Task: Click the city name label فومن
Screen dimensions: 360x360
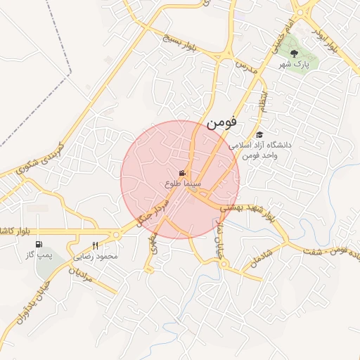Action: click(x=222, y=122)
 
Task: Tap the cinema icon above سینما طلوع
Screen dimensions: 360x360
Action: click(x=183, y=174)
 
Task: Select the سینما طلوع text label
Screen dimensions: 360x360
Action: click(x=184, y=184)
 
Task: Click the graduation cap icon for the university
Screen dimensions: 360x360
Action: click(x=259, y=135)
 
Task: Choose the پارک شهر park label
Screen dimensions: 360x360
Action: click(x=293, y=65)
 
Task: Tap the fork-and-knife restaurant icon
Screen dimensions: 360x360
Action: click(x=95, y=245)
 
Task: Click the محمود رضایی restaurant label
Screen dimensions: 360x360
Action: click(x=100, y=257)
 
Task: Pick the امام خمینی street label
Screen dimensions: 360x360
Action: click(x=277, y=34)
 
